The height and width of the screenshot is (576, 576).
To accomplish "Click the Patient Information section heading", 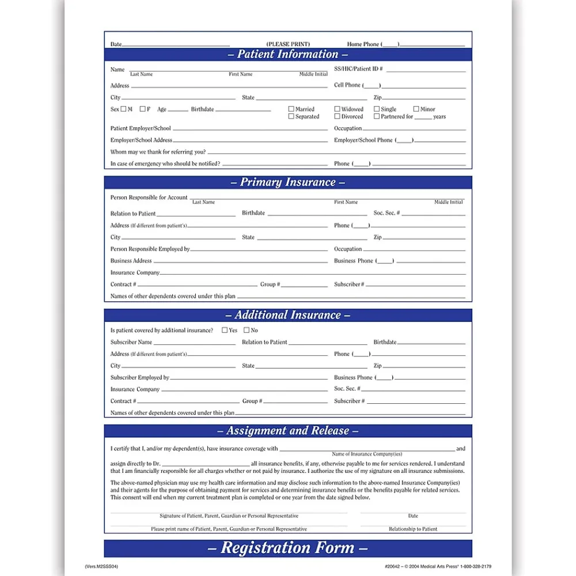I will [287, 55].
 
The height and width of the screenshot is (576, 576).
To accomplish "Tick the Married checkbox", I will [291, 109].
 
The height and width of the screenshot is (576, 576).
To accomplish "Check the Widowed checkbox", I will [338, 109].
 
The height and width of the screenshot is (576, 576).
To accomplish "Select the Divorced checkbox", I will [338, 116].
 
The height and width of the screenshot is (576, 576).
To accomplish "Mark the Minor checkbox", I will [416, 109].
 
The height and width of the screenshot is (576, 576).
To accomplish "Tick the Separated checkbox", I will [291, 116].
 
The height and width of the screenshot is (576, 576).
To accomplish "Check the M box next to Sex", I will [123, 109].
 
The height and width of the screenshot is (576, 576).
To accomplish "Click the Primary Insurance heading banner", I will [287, 183].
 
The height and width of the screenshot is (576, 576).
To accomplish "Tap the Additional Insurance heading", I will [287, 316].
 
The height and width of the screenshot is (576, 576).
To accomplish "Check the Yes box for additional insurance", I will [225, 331].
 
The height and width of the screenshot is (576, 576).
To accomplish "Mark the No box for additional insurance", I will [247, 331].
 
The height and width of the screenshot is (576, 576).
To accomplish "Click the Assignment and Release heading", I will [287, 431].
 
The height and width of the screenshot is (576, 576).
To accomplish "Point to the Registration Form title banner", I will [287, 548].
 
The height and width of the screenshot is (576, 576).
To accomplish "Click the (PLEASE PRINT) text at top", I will [288, 44].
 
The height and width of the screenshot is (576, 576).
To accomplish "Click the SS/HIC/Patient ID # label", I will [358, 69].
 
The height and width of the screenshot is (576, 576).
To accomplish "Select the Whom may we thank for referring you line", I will [288, 152].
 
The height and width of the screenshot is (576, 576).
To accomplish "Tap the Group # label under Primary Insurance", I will [270, 285].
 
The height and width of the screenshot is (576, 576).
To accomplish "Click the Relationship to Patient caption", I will [413, 529].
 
